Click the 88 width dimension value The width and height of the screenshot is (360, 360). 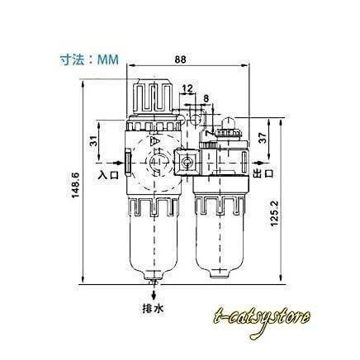(x=181, y=59)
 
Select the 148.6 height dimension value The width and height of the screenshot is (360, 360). (x=75, y=185)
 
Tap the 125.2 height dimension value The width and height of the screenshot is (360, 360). (x=274, y=213)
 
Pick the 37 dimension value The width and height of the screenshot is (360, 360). (x=263, y=138)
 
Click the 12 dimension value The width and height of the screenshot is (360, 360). (x=187, y=88)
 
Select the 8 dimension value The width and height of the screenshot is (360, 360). (x=206, y=98)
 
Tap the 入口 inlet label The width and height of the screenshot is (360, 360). (x=108, y=175)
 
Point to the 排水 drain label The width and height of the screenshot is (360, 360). (x=153, y=308)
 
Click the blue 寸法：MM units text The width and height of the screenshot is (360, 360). (x=89, y=59)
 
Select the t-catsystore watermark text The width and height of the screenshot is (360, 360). (x=262, y=320)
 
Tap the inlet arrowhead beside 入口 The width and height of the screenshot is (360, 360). (x=118, y=163)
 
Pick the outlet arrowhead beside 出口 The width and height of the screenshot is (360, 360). (x=258, y=163)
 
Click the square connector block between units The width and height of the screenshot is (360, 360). (x=187, y=162)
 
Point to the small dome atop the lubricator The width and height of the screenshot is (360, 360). (x=229, y=122)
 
